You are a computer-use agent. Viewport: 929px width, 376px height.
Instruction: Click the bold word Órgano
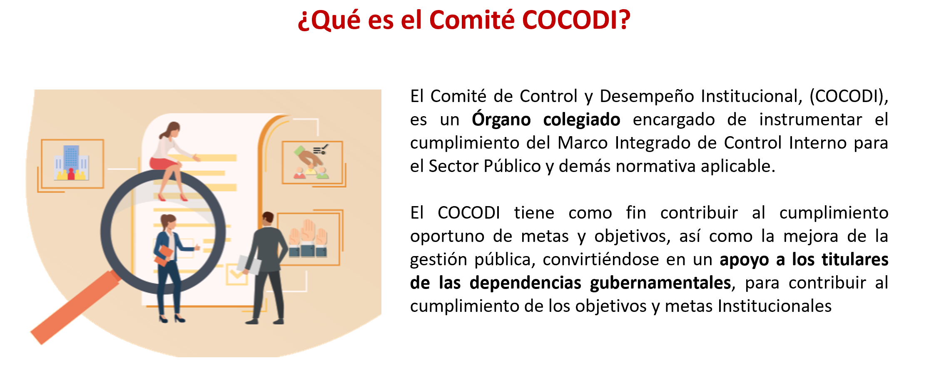(501, 120)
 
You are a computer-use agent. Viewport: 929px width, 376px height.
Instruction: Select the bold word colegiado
(582, 120)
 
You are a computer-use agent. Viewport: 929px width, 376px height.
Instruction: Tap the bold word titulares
(855, 259)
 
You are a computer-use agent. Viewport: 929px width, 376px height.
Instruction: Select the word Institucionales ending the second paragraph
(775, 306)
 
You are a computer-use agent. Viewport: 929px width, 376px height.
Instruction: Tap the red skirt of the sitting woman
(163, 163)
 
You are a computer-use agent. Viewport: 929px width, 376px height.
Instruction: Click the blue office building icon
(71, 163)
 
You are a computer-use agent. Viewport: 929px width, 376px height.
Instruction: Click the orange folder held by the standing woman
(164, 255)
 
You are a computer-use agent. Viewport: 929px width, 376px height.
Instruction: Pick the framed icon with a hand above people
(312, 162)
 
